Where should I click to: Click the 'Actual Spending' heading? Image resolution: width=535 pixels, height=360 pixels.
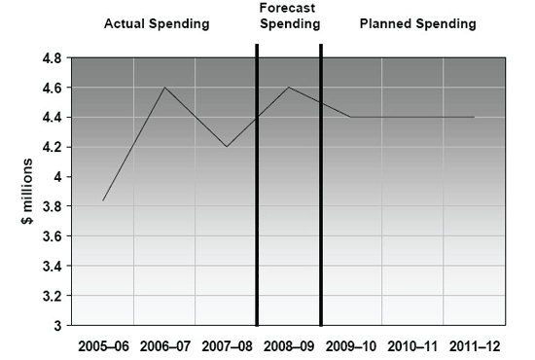[x=157, y=23]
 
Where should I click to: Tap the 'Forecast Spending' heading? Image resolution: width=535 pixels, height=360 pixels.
[x=289, y=17]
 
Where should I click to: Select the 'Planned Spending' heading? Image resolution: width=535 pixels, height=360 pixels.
[x=418, y=23]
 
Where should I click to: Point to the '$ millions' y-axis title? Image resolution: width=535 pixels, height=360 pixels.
[x=30, y=192]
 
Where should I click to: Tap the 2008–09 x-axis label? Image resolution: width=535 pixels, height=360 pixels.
[x=289, y=345]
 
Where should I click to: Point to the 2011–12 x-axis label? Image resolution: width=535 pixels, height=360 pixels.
[x=474, y=345]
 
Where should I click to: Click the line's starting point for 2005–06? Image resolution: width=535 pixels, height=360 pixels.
[x=102, y=200]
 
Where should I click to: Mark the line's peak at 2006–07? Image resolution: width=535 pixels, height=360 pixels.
[x=164, y=88]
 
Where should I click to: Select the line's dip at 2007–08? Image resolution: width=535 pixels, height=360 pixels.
[x=227, y=147]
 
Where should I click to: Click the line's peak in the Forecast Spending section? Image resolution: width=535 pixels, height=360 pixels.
[x=289, y=88]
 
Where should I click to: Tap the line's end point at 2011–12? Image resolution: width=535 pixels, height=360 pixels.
[x=474, y=117]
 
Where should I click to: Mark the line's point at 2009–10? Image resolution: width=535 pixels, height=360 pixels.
[x=350, y=117]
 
